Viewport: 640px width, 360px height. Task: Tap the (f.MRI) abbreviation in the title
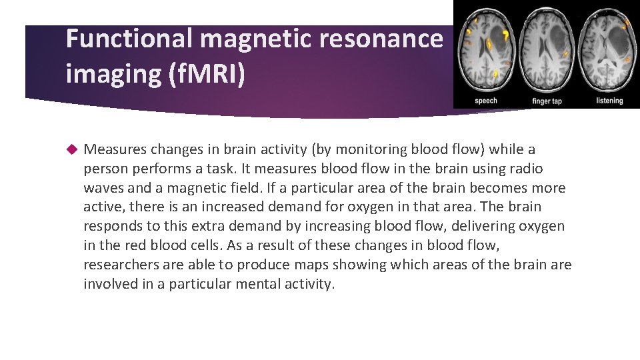[x=208, y=73]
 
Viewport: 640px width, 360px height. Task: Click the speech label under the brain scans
[x=485, y=101]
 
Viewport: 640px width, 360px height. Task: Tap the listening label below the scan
[x=609, y=101]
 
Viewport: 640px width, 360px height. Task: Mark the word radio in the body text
[x=525, y=169]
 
